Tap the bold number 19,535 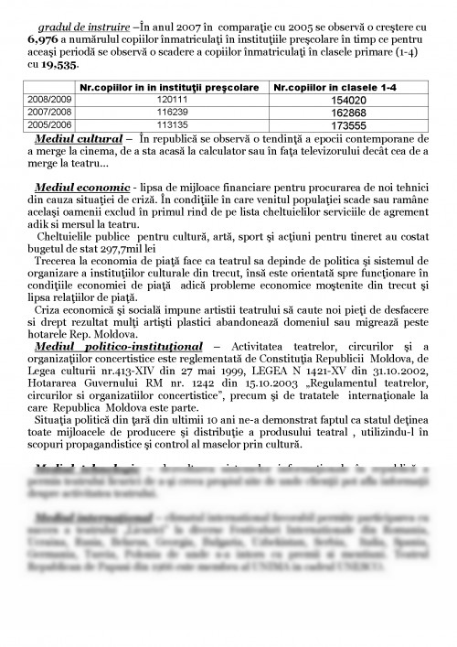point(59,66)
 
